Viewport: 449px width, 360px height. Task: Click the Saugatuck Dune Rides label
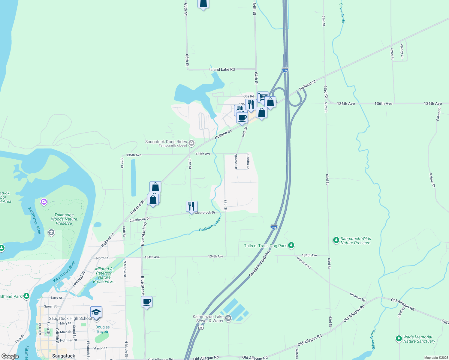pyautogui.click(x=166, y=142)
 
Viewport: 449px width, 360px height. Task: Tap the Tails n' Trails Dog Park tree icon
pyautogui.click(x=291, y=246)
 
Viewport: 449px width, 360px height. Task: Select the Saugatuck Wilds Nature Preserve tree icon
pyautogui.click(x=336, y=240)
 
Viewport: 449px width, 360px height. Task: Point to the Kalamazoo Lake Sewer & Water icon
pyautogui.click(x=228, y=318)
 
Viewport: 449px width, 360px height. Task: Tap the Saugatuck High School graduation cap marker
pyautogui.click(x=96, y=312)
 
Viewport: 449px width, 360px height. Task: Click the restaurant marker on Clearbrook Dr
pyautogui.click(x=191, y=206)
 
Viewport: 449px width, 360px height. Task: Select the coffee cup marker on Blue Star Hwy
pyautogui.click(x=146, y=302)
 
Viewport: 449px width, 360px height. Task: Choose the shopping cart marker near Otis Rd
pyautogui.click(x=263, y=97)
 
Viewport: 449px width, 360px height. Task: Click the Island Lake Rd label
pyautogui.click(x=222, y=70)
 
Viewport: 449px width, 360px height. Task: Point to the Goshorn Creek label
pyautogui.click(x=210, y=225)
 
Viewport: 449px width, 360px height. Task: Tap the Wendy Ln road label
pyautogui.click(x=402, y=51)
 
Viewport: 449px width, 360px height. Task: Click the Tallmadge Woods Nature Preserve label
pyautogui.click(x=64, y=219)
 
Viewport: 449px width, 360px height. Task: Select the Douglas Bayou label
pyautogui.click(x=103, y=329)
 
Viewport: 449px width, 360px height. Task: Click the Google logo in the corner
pyautogui.click(x=10, y=356)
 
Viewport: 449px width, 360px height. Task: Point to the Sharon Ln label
pyautogui.click(x=236, y=161)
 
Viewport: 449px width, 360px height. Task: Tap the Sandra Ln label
pyautogui.click(x=248, y=162)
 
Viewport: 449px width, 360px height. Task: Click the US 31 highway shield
pyautogui.click(x=201, y=328)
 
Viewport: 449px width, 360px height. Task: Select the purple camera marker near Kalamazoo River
pyautogui.click(x=44, y=202)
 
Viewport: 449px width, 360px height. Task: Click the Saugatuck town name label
pyautogui.click(x=64, y=356)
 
